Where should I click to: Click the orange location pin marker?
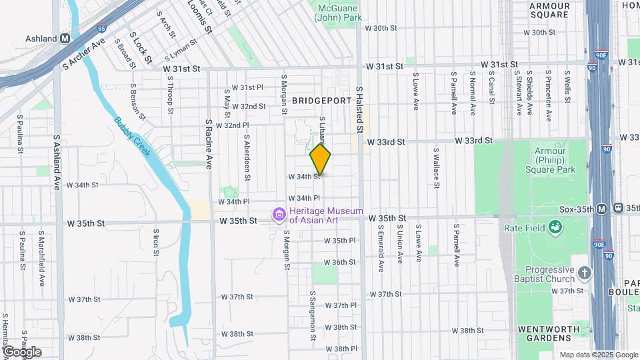click(321, 159)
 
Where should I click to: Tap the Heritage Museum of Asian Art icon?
click(279, 215)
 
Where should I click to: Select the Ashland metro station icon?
click(65, 39)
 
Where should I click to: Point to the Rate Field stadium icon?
click(555, 228)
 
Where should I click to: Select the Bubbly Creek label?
click(134, 138)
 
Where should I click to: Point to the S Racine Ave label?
click(209, 145)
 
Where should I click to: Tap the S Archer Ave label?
click(84, 55)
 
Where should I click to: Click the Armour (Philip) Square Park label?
click(555, 160)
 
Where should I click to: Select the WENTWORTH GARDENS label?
click(553, 333)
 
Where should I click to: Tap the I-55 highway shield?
click(101, 29)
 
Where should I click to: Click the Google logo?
click(22, 352)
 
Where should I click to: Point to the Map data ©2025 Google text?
click(599, 355)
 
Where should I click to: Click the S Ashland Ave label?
click(57, 164)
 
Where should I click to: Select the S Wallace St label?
click(435, 168)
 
